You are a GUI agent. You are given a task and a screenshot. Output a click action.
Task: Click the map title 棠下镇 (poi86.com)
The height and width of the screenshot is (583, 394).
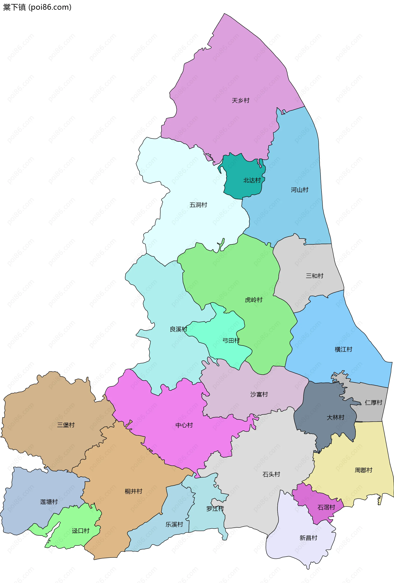pos(37,7)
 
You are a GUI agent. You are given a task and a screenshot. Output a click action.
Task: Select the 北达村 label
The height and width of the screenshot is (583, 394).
pos(252,180)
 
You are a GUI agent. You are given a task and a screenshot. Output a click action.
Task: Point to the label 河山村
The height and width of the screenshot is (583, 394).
pos(299,190)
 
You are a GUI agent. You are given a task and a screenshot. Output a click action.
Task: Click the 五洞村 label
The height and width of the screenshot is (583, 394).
pos(198,205)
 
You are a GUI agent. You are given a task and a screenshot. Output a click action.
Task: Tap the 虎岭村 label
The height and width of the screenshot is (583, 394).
pos(253,300)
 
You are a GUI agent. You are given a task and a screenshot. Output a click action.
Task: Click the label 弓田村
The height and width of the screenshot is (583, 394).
pos(231,340)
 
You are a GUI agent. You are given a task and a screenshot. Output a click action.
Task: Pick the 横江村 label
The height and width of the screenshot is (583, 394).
pos(343,349)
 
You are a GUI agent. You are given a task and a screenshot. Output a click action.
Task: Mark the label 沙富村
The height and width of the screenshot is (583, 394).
pos(259,394)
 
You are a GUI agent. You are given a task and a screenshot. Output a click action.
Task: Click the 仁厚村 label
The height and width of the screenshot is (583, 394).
pos(373,403)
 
